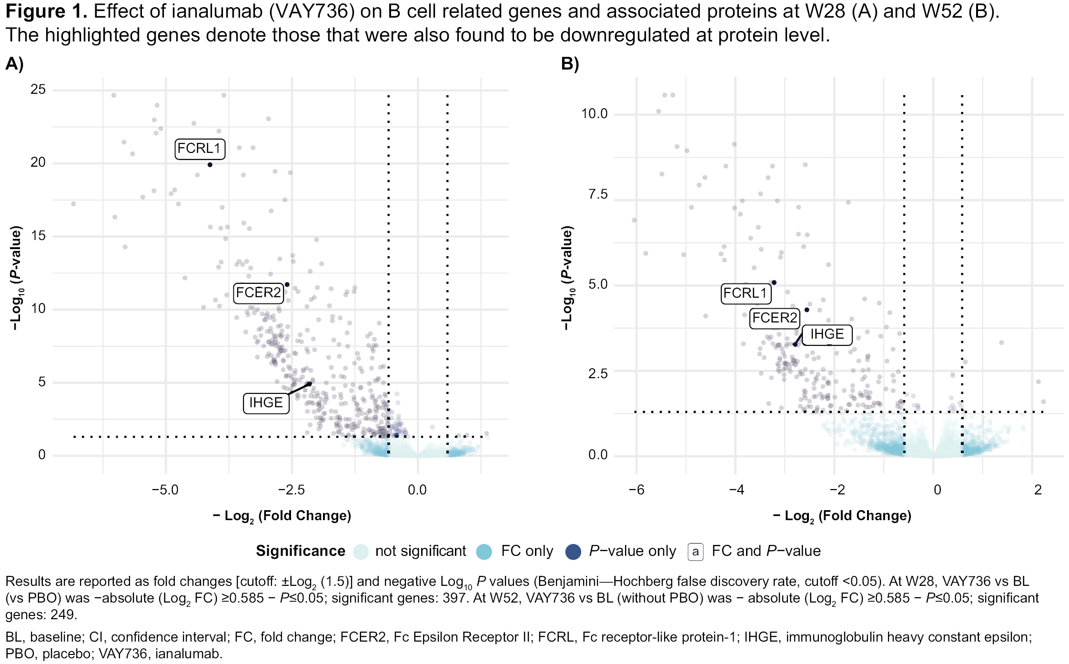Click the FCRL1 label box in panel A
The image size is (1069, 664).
pos(200,149)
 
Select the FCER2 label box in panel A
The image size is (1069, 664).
pos(259,292)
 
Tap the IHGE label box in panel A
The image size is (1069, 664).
pos(266,403)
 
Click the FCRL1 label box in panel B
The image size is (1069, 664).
pos(745,293)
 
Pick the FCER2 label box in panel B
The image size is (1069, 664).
pos(775,318)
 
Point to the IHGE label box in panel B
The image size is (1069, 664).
pos(827,334)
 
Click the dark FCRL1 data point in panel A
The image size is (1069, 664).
pos(210,165)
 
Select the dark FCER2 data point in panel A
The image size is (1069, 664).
pos(287,285)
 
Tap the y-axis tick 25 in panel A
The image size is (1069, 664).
pos(38,90)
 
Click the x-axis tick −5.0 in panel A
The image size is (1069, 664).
pos(165,490)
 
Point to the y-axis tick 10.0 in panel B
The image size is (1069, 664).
pos(594,114)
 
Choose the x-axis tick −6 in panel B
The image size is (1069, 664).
pos(636,490)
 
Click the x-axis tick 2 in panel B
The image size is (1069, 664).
pos(1038,490)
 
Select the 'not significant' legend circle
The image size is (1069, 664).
pos(361,552)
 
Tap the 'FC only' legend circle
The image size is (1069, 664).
pos(484,552)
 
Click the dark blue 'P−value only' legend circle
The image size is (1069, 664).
pos(573,552)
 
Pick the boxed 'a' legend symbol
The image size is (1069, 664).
pos(696,552)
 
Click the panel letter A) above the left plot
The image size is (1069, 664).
pos(14,64)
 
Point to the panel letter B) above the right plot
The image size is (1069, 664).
pos(570,64)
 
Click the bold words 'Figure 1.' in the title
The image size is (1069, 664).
pos(46,11)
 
